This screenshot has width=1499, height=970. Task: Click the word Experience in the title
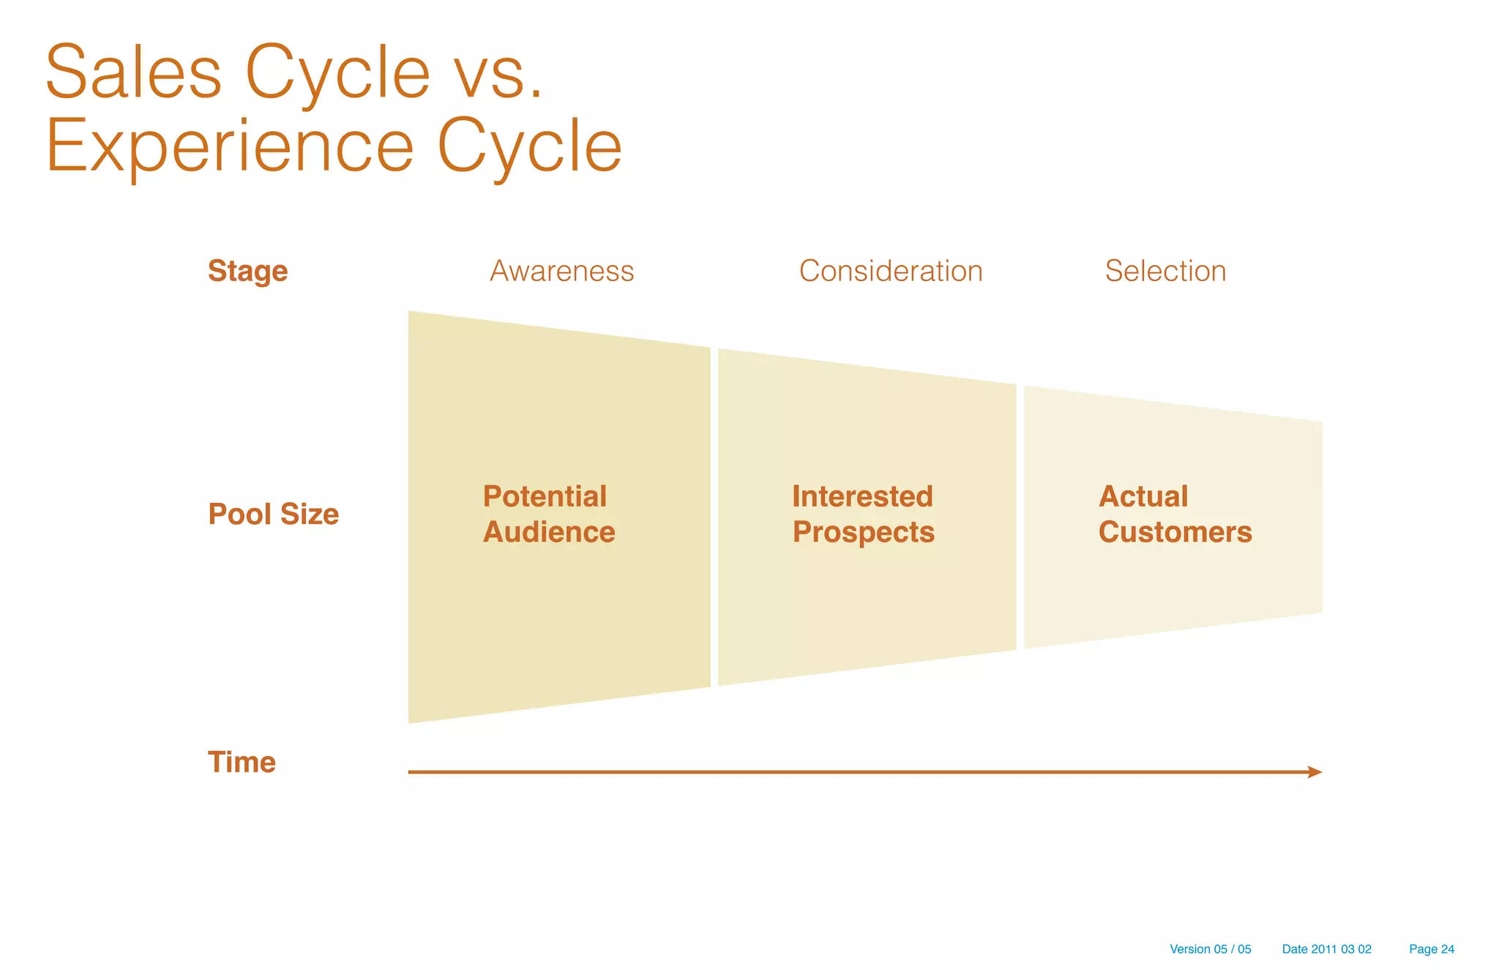click(x=230, y=148)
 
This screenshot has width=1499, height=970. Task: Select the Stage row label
click(x=247, y=271)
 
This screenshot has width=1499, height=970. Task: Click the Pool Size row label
click(x=273, y=514)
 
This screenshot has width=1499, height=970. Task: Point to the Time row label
click(x=242, y=762)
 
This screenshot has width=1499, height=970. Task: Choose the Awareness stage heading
click(x=561, y=271)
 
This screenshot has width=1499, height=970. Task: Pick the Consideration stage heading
click(x=890, y=271)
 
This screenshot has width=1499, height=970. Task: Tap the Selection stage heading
click(x=1165, y=271)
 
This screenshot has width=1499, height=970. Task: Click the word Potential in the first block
click(x=545, y=496)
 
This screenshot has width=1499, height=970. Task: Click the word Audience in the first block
click(x=549, y=532)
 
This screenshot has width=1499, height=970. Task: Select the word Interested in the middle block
click(x=862, y=496)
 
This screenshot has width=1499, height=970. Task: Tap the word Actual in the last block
click(x=1143, y=496)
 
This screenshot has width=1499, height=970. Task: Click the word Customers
click(x=1175, y=532)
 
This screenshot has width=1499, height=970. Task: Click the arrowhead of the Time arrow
click(x=1315, y=772)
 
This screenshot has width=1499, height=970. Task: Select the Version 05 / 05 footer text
click(x=1210, y=949)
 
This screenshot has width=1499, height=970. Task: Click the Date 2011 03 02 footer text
click(x=1326, y=949)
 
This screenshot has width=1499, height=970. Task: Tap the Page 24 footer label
click(x=1431, y=949)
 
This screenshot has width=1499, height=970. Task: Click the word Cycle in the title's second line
click(x=529, y=148)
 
